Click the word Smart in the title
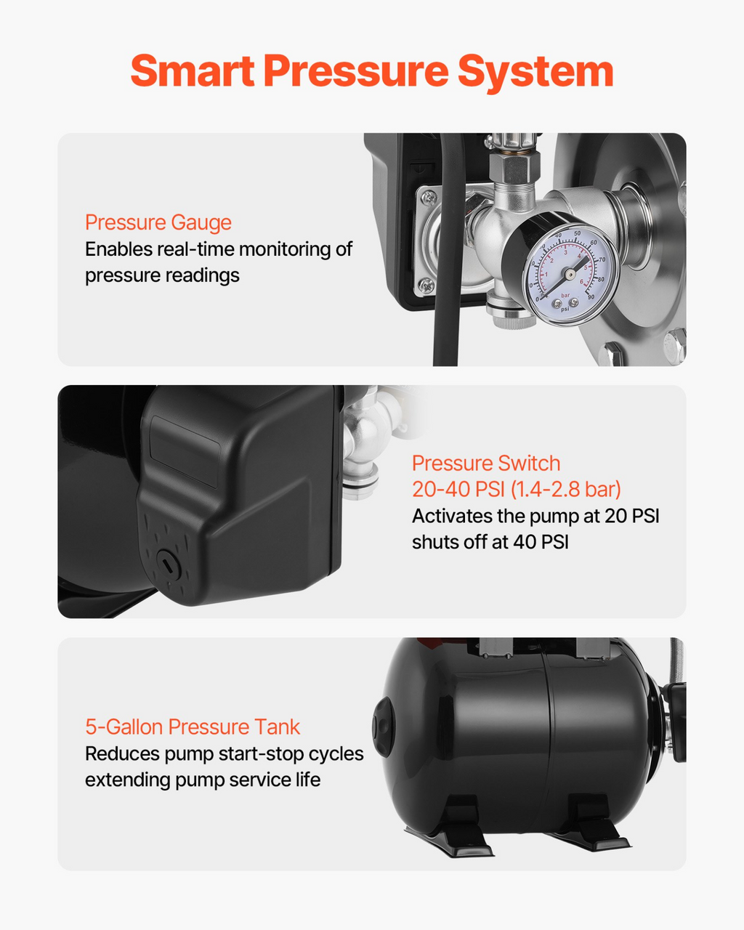coord(192,70)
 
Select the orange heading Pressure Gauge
coord(158,223)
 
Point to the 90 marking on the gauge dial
coord(591,296)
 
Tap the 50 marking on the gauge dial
coord(578,233)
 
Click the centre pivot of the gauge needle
coord(570,273)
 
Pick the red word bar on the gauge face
coord(565,295)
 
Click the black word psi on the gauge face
coord(565,309)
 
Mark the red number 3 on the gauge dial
coord(565,252)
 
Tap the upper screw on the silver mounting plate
coord(429,197)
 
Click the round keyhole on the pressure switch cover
coord(167,562)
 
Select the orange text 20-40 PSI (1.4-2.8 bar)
coord(516,490)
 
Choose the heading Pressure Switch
coord(486,464)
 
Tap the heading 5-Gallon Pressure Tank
coord(193,727)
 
